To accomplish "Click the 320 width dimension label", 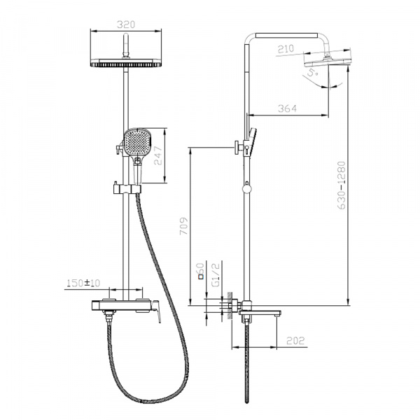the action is coord(126,24).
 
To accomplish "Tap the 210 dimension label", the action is coord(286,49).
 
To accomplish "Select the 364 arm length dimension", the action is coord(287,108).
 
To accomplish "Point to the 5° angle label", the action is coord(312,73).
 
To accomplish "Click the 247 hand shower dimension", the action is coord(158,155).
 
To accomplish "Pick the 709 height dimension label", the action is coord(183,226).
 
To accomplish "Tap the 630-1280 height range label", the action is coord(342,185).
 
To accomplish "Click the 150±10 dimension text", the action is coord(83,283).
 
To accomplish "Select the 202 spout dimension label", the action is coord(295,341).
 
